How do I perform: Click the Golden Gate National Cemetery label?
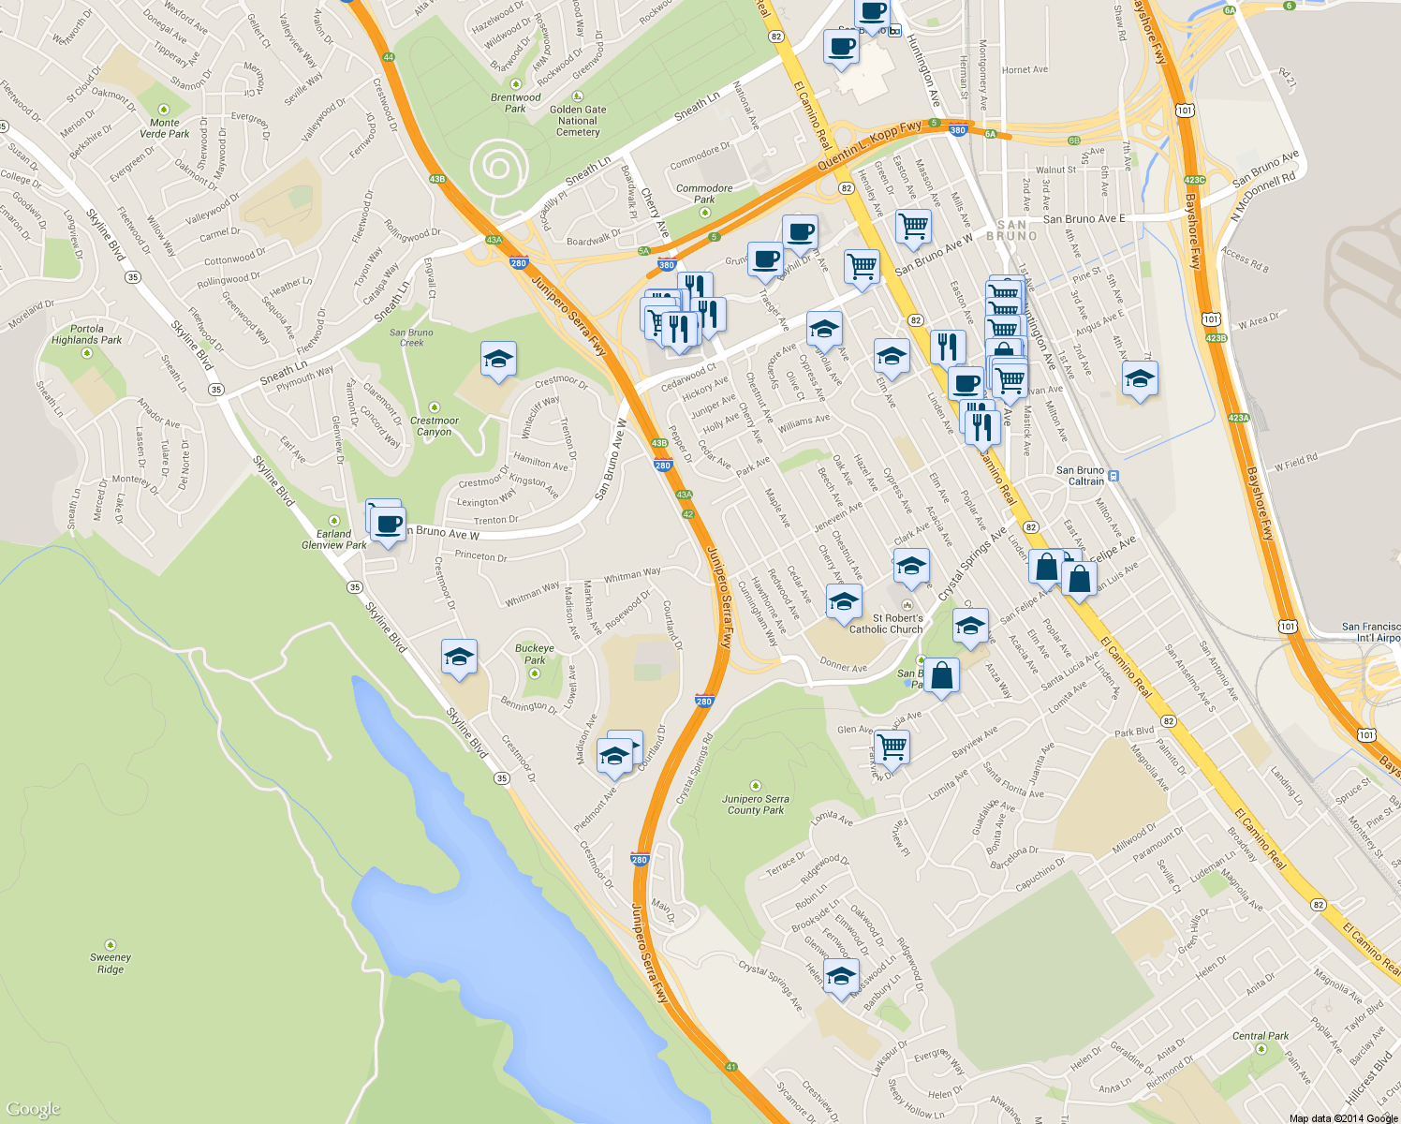click(x=578, y=121)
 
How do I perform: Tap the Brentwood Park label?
click(x=515, y=103)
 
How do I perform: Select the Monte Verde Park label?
click(x=165, y=128)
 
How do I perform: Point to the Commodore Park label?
click(x=704, y=194)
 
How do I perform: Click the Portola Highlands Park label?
click(x=87, y=334)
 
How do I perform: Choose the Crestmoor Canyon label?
click(x=435, y=426)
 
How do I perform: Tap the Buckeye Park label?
click(x=535, y=654)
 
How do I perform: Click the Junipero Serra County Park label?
click(x=756, y=805)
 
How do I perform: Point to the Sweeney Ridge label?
click(x=111, y=963)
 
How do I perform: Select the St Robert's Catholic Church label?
click(x=886, y=624)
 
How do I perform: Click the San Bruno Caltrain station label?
click(x=1081, y=476)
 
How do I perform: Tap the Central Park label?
click(x=1261, y=1036)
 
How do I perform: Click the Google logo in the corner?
click(x=34, y=1109)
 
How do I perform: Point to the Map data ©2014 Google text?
click(x=1343, y=1118)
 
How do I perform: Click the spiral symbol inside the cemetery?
click(x=497, y=169)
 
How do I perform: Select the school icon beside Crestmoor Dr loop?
click(x=498, y=359)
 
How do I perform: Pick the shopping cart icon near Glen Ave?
click(x=892, y=746)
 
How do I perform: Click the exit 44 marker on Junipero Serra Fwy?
click(x=389, y=57)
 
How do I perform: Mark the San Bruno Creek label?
click(x=412, y=337)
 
